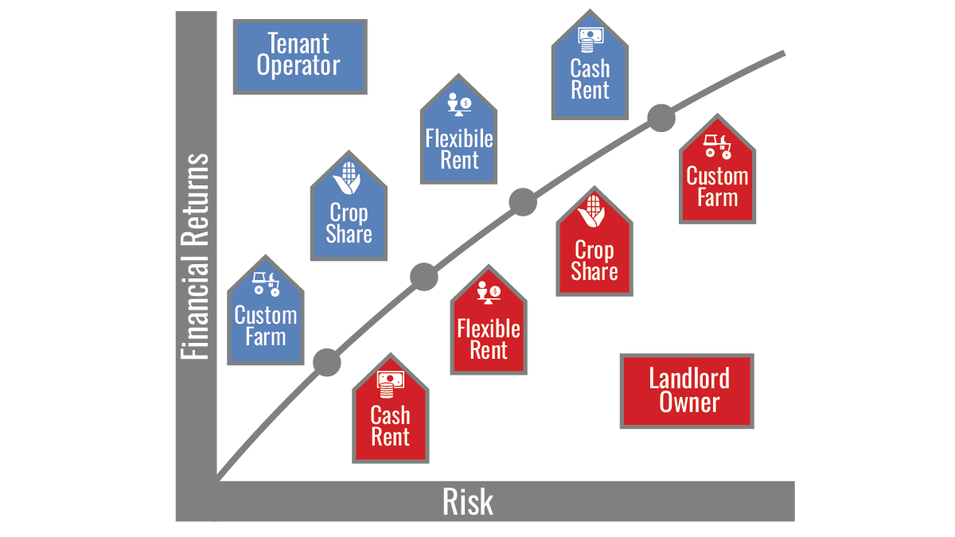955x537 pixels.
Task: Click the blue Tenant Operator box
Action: (299, 56)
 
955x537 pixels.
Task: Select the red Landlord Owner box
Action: (688, 391)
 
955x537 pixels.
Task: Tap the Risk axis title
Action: (468, 502)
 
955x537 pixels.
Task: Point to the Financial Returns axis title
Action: (194, 256)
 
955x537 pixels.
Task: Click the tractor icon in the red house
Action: (718, 146)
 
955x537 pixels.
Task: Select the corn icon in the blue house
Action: (348, 178)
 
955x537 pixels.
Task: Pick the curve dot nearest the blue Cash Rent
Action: (660, 118)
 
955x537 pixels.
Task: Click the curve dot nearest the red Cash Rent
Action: (326, 363)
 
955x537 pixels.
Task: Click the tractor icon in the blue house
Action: (265, 283)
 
